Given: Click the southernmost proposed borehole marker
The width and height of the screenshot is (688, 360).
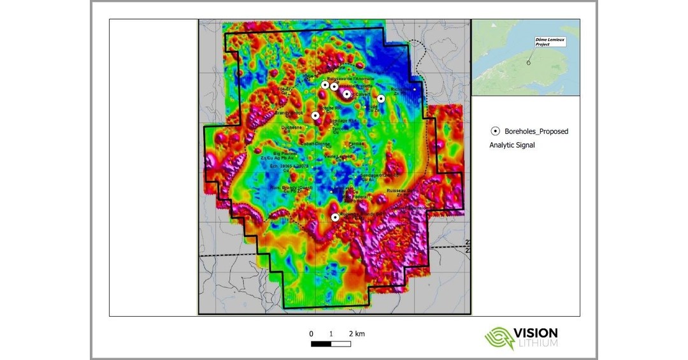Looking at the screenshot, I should point(335,217).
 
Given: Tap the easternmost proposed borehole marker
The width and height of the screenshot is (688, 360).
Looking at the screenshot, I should point(381,98).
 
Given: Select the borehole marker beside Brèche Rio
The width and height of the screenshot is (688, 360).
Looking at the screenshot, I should point(315,115).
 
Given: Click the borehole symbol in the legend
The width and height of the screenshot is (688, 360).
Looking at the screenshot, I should point(494,131).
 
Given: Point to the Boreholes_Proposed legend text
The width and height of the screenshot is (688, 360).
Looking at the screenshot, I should point(536,131).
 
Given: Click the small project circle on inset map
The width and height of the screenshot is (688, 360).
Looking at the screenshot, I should point(529,62).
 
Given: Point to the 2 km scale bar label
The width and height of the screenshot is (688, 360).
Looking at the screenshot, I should point(356,334).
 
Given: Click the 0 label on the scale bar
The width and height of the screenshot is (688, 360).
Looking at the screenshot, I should point(312,334).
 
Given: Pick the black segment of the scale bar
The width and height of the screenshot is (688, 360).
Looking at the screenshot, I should point(321,344).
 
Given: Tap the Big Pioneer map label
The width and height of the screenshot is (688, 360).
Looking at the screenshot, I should point(284,154).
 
